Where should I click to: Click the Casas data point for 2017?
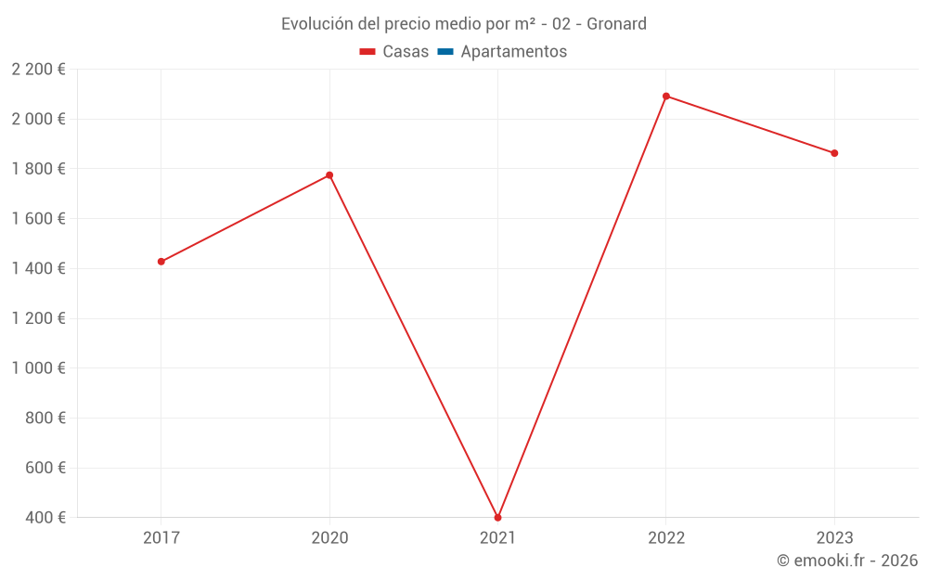point(161,262)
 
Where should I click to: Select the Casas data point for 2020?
point(329,175)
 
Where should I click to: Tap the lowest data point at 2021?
point(498,518)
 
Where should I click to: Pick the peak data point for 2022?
point(666,97)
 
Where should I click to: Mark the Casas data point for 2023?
point(834,153)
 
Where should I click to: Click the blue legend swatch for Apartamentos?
point(445,52)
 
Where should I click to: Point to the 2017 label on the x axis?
point(161,537)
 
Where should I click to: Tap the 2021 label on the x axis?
point(498,537)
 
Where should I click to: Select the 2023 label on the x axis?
point(834,537)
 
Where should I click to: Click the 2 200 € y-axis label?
point(38,70)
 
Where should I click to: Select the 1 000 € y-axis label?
point(38,368)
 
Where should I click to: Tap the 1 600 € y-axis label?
point(38,219)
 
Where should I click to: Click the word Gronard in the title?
point(616,24)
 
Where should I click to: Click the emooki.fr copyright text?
point(847,561)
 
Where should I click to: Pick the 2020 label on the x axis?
point(329,537)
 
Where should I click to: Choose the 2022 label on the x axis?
point(666,537)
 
